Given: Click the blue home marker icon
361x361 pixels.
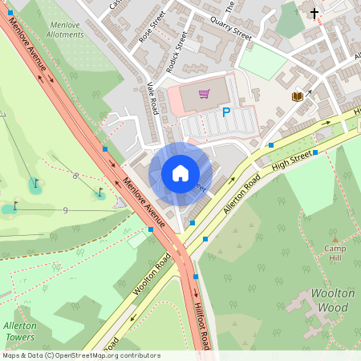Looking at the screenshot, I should pos(180,172).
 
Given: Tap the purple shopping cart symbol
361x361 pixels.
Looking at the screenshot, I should pos(204,94).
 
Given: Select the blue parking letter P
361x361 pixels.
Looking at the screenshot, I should pos(225,113).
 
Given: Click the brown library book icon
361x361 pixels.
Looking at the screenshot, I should pos(297,96).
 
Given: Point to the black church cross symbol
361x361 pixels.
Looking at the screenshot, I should pos(314,13).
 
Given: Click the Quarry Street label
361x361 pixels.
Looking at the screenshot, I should pos(231,30).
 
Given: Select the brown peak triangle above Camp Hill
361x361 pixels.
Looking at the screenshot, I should pos(335,239).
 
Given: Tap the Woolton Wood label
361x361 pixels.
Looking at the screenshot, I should pos(331,302).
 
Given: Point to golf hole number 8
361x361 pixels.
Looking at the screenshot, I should pos(75,176).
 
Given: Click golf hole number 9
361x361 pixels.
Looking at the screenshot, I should pos(64,210).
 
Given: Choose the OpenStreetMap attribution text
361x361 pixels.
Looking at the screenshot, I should pos(80,355).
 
